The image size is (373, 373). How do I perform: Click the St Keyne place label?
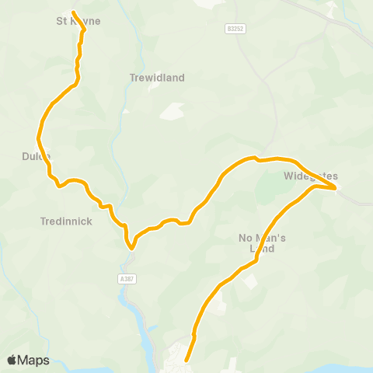click(79, 21)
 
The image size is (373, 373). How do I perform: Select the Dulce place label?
click(37, 156)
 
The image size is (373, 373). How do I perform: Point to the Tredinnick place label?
click(66, 221)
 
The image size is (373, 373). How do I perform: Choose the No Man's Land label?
click(262, 243)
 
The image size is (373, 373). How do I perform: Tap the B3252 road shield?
click(236, 28)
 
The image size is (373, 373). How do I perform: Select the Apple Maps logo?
click(28, 360)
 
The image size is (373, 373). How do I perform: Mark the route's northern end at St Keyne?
click(73, 13)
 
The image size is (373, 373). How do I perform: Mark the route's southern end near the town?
click(186, 361)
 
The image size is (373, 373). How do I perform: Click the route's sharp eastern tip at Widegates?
click(336, 187)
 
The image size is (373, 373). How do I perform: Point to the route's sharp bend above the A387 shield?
click(131, 248)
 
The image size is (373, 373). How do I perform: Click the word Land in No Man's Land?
click(262, 249)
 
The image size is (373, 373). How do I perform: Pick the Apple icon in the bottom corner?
click(12, 360)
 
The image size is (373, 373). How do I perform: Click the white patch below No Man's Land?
click(250, 281)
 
